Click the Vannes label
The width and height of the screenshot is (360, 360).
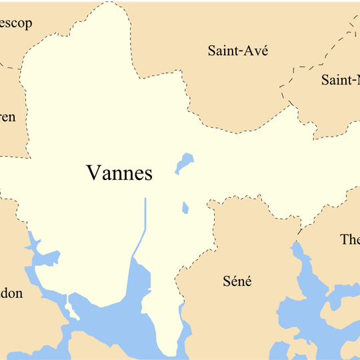(119, 173)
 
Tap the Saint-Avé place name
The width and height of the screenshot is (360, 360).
(238, 50)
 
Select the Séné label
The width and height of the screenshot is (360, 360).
(237, 281)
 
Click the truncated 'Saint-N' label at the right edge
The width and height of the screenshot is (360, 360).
(340, 81)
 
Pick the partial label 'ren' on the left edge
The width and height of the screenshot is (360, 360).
(7, 117)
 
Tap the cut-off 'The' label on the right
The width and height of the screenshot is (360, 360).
(349, 239)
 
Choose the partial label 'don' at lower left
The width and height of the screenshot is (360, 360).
(11, 293)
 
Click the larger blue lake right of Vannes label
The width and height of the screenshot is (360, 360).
(185, 163)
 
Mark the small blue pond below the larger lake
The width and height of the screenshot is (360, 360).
(185, 208)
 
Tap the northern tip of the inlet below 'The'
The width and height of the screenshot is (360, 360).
(295, 245)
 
